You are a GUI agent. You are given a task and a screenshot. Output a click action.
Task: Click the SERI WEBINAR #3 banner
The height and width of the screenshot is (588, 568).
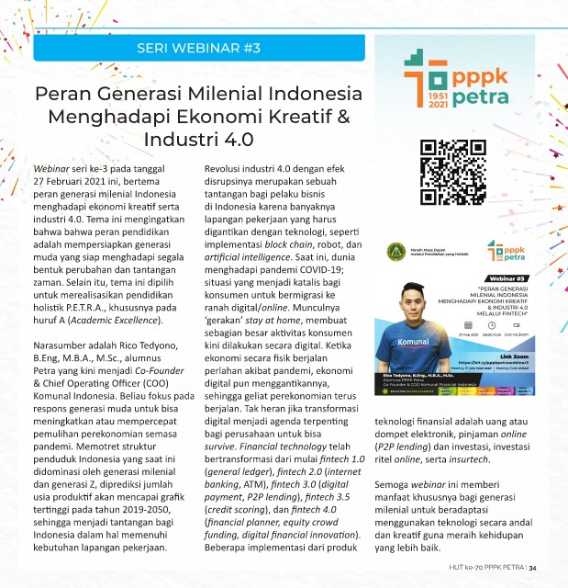point(197,47)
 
